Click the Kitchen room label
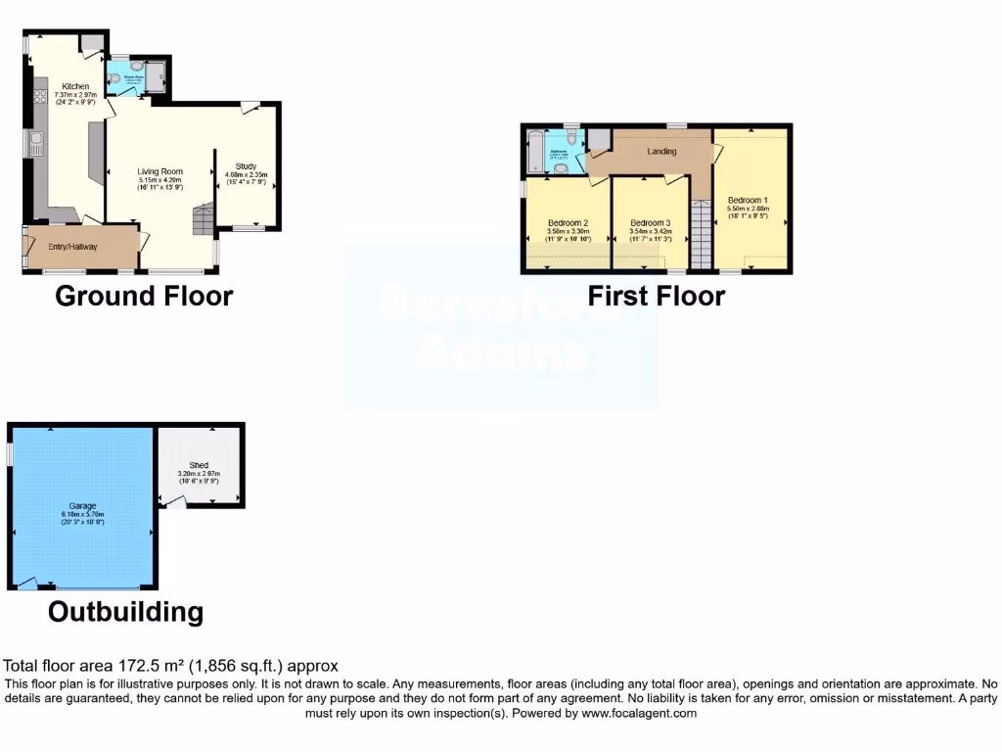tap(75, 86)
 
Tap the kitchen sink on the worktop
tap(36, 148)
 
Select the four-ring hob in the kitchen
tap(40, 96)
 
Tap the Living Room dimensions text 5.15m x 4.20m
tap(160, 180)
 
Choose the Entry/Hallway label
tap(72, 247)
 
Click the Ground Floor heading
tap(144, 296)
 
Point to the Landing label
tap(662, 152)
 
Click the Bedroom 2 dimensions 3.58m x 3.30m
tap(567, 232)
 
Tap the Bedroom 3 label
tap(651, 223)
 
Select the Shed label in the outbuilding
tap(199, 465)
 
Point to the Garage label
tap(82, 505)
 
